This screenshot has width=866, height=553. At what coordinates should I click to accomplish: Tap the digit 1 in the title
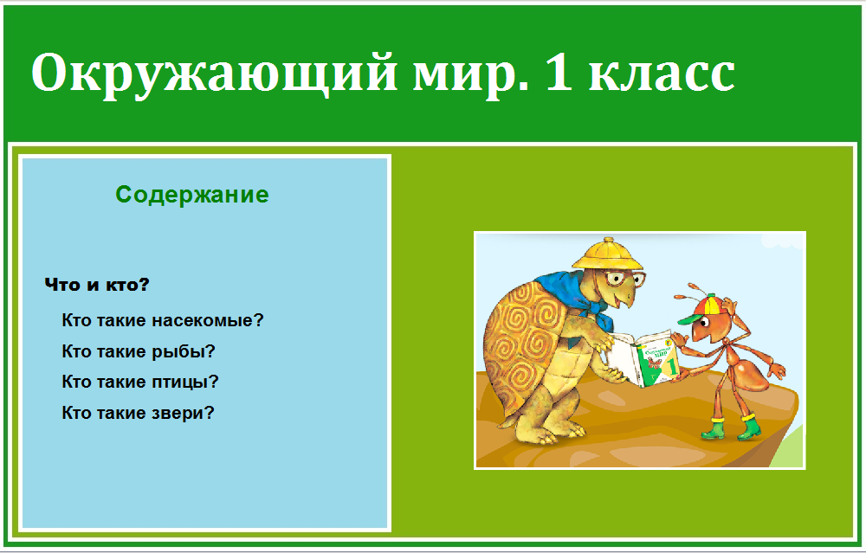[559, 72]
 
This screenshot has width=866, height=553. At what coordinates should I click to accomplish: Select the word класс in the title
[662, 75]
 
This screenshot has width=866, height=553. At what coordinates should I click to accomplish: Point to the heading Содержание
[192, 194]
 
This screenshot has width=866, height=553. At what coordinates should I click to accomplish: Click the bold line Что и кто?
[97, 285]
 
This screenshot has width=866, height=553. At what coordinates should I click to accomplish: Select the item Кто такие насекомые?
[163, 320]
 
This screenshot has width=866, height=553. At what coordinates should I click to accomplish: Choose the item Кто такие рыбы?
[139, 351]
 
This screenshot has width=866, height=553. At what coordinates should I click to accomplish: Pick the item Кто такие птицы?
[140, 382]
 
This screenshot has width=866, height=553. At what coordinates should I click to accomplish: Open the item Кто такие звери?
[138, 412]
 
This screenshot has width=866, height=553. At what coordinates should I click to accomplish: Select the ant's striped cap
[699, 309]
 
